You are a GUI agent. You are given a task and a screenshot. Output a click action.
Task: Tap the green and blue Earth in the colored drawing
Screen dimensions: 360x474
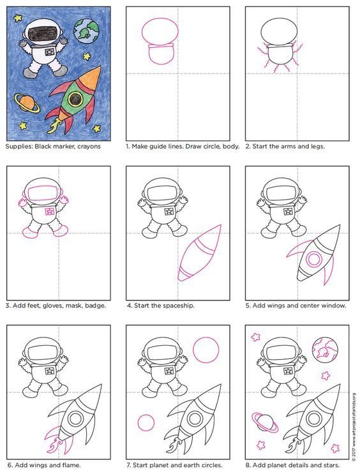(x=86, y=31)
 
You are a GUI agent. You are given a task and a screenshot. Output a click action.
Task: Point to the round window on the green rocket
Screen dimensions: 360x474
(x=75, y=98)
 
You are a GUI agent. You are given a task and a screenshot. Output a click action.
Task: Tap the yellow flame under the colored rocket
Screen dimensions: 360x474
(x=55, y=126)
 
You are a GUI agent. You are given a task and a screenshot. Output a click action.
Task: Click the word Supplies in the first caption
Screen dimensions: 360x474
(x=19, y=147)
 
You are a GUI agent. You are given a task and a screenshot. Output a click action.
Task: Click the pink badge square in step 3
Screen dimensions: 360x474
(x=50, y=211)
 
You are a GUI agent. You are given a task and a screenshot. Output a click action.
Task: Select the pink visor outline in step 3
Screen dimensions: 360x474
(x=43, y=193)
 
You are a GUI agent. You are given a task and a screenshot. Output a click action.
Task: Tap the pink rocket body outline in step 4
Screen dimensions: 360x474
(x=199, y=253)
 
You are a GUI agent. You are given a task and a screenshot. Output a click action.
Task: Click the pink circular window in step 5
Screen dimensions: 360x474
(x=314, y=259)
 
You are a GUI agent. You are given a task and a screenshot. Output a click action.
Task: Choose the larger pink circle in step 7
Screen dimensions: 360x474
(x=206, y=350)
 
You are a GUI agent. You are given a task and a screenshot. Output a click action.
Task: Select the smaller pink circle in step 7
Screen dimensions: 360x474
(x=146, y=422)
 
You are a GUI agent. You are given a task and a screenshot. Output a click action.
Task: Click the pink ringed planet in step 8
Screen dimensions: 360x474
(x=265, y=422)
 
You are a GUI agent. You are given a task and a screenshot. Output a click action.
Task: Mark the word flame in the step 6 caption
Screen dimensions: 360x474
(x=71, y=464)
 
